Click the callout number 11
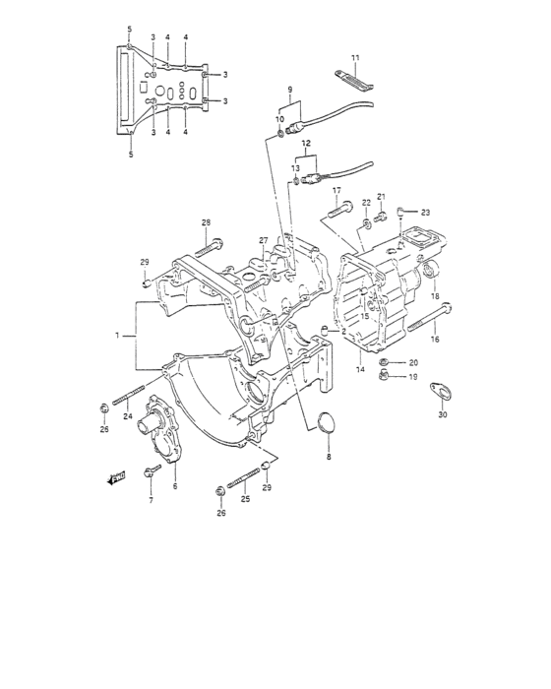point(355,58)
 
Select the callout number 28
point(206,222)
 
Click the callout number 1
point(117,336)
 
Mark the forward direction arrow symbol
point(118,480)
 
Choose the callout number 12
point(306,144)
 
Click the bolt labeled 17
point(338,209)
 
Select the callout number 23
point(425,213)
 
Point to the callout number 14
point(360,369)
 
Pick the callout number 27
point(264,240)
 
